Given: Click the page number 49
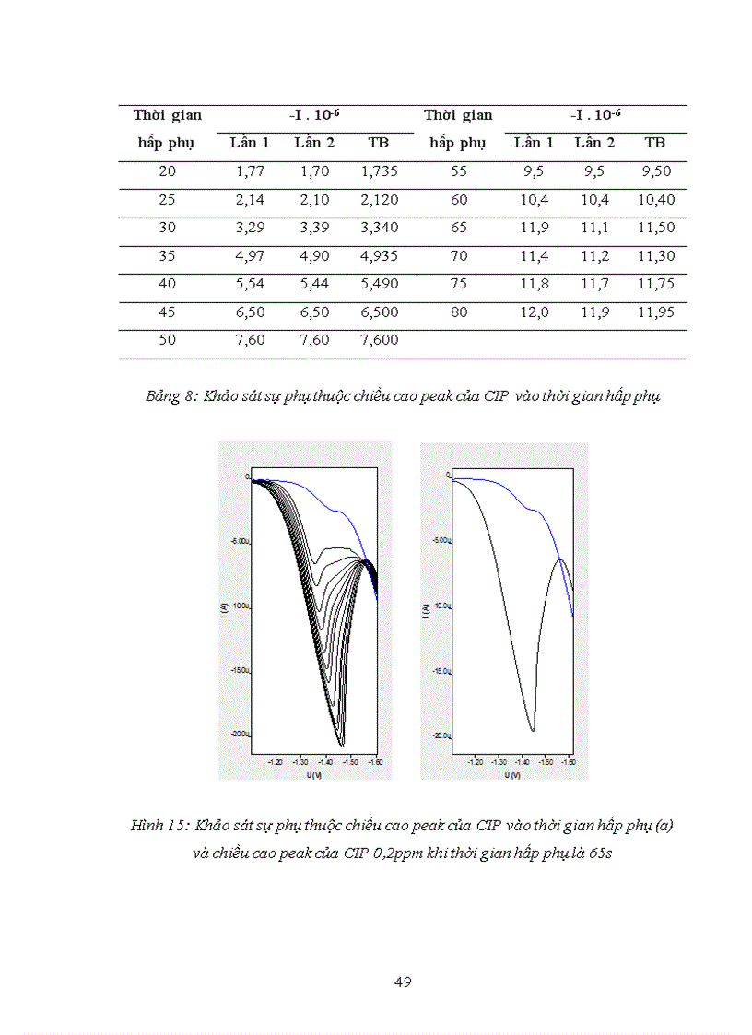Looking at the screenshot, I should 402,982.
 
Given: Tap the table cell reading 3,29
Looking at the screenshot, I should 250,228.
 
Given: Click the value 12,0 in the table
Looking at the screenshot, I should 535,312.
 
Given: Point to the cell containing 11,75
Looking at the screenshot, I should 655,285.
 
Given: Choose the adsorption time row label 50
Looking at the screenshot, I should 167,340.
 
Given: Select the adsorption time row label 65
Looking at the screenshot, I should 459,228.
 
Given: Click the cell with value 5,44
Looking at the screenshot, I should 314,285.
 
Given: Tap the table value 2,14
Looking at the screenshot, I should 250,200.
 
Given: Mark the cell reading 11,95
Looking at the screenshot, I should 655,312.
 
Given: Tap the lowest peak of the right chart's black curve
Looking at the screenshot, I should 532,730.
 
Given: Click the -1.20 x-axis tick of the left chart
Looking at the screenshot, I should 275,763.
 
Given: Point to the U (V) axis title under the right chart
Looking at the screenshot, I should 509,775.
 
